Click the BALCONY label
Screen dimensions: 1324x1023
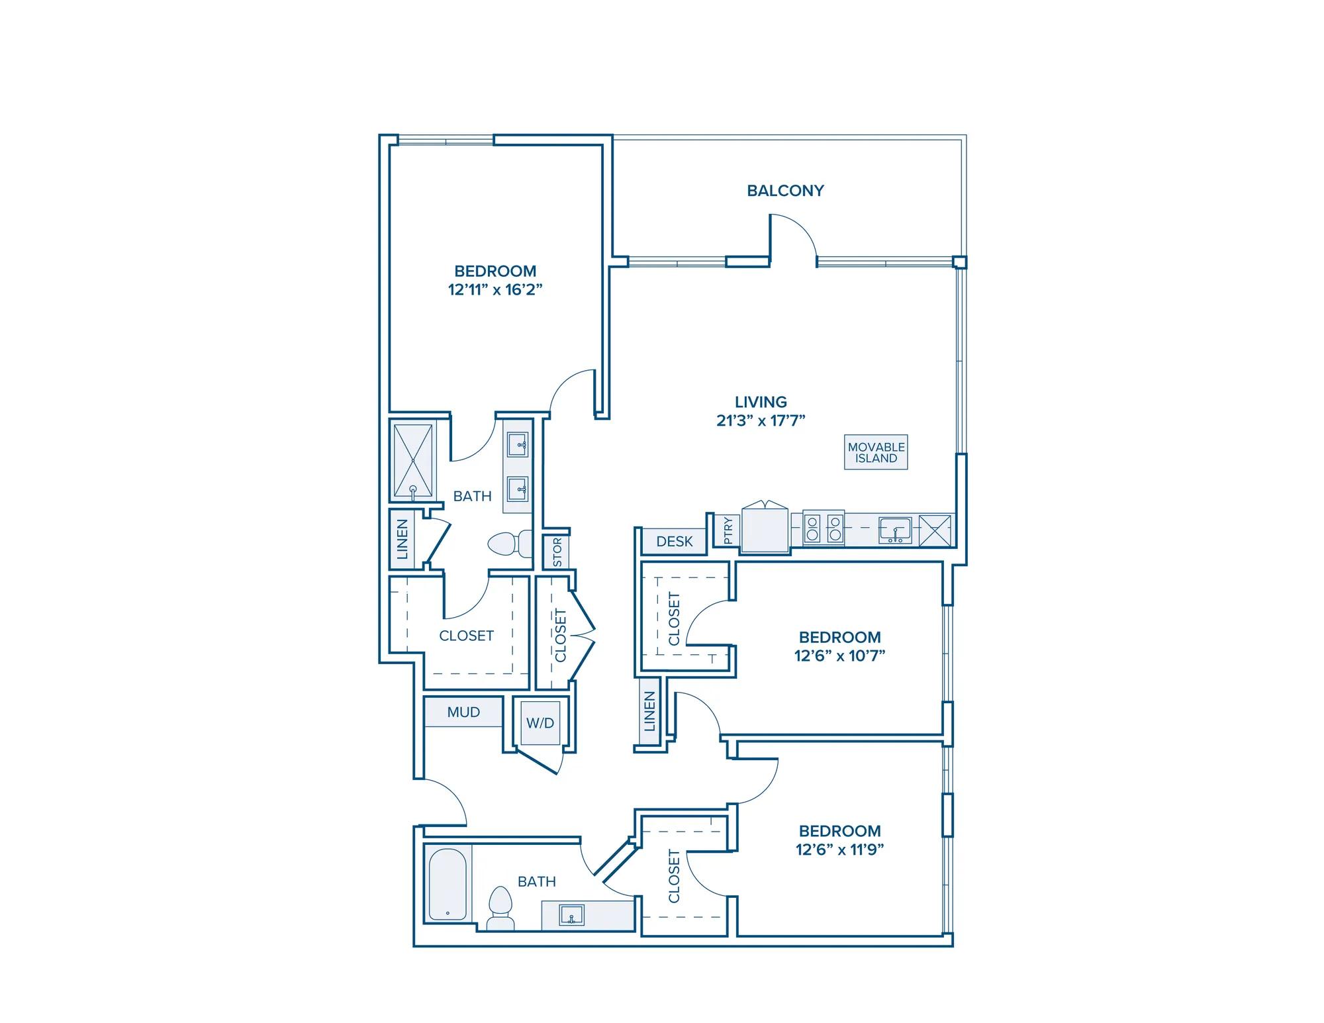pos(785,191)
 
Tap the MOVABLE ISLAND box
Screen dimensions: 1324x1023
pos(876,452)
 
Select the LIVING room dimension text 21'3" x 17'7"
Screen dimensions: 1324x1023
pos(761,420)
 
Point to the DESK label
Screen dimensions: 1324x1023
pos(675,542)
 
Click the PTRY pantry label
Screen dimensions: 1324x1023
pos(728,530)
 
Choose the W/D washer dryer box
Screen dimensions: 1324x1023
pos(540,723)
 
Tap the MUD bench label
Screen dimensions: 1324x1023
pos(463,712)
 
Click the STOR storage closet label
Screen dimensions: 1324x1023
pos(557,552)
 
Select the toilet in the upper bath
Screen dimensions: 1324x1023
pos(510,544)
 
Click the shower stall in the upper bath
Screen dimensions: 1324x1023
pos(413,461)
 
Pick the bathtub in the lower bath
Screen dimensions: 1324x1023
pos(448,885)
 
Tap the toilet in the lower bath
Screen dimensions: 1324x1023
pos(500,908)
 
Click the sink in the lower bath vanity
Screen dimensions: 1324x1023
pos(571,915)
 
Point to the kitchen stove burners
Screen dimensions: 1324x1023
pos(824,528)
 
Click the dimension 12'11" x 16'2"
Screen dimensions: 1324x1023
pos(495,289)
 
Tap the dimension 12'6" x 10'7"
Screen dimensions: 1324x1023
pos(840,656)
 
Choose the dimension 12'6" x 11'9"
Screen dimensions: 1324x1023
pos(840,850)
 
